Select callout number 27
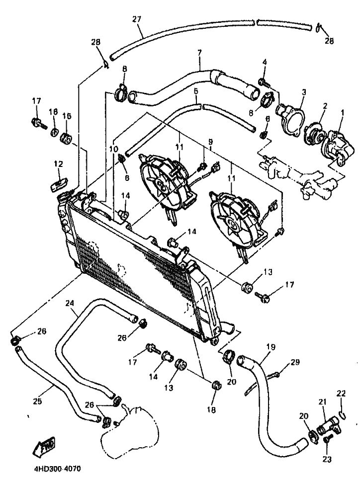click(x=136, y=19)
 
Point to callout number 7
click(x=199, y=53)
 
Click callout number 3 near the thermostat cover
click(x=304, y=92)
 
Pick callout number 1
click(x=343, y=114)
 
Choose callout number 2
click(x=325, y=106)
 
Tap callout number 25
click(x=37, y=402)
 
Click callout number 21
click(x=322, y=402)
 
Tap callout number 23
click(x=327, y=459)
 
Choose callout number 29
click(x=295, y=362)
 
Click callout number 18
click(x=211, y=410)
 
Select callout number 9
click(x=211, y=142)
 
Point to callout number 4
click(x=265, y=62)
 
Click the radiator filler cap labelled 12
click(x=58, y=184)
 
